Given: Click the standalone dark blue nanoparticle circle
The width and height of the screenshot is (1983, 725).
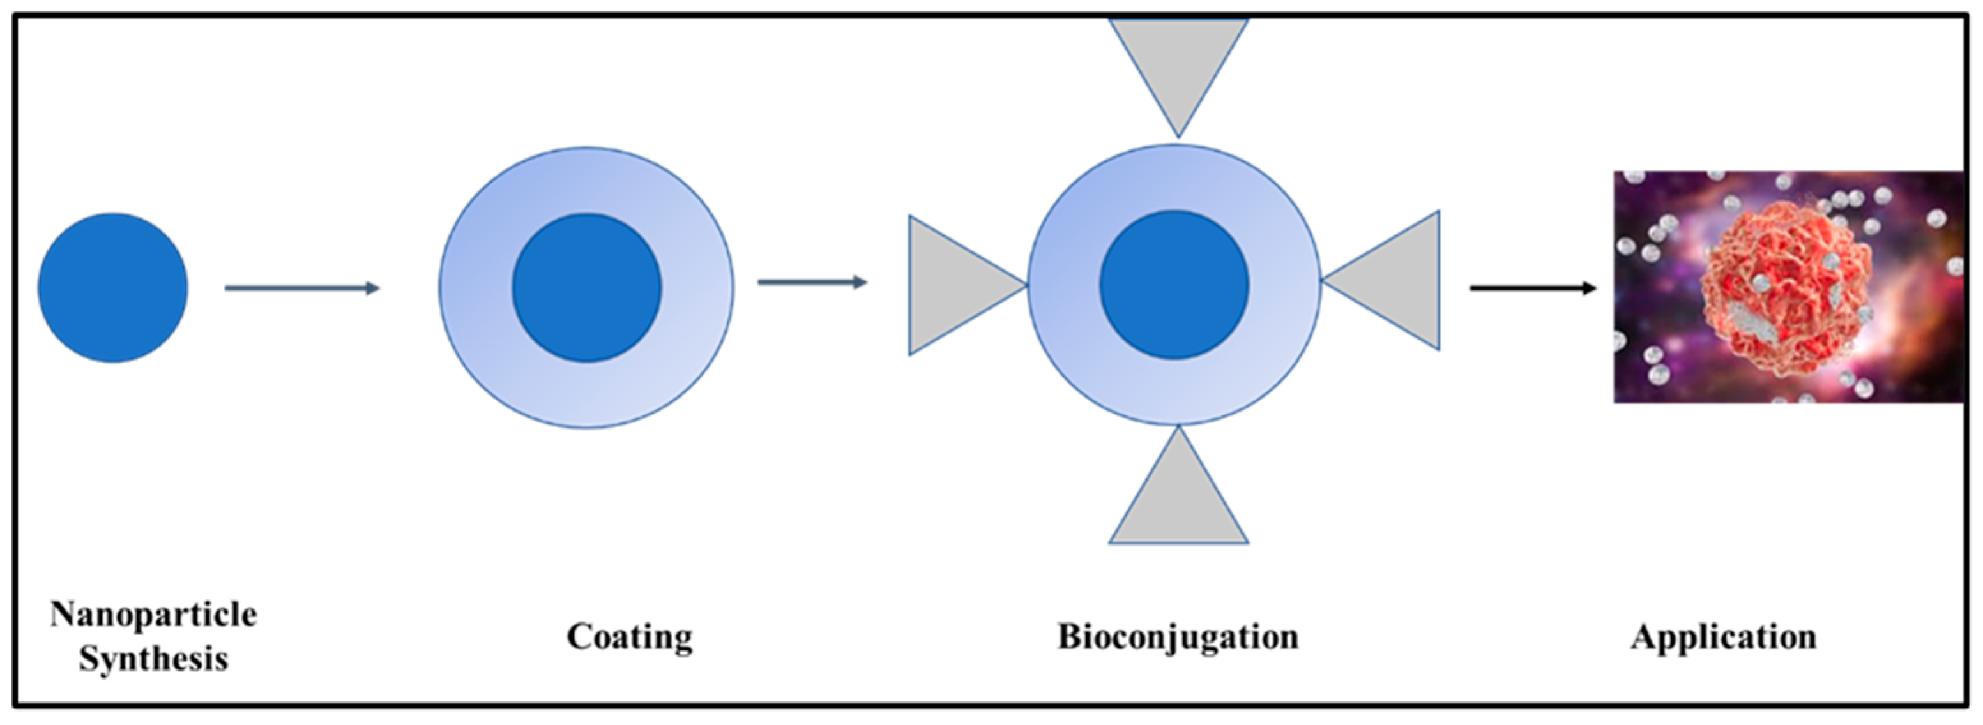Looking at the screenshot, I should point(113,288).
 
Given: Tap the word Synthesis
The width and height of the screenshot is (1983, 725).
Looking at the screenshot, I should point(153,659).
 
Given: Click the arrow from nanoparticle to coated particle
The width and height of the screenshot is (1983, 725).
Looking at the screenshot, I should point(301,288).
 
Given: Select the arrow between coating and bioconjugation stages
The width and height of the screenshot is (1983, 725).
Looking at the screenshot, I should point(812,283).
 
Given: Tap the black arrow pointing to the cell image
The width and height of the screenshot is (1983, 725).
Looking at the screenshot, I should point(1532,288).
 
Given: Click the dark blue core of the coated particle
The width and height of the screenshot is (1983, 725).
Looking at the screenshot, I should point(586,288).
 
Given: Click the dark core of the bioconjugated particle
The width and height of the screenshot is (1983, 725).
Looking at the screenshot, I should point(1174,285).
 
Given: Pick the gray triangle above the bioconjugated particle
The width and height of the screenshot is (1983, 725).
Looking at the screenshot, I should point(1178,61).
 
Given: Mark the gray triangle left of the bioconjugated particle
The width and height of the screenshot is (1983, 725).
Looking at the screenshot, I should point(951,285).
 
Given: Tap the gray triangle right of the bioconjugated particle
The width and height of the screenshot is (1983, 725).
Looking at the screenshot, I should point(1397,281).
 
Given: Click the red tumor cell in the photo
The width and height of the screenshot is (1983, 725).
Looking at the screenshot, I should point(1786,288).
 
